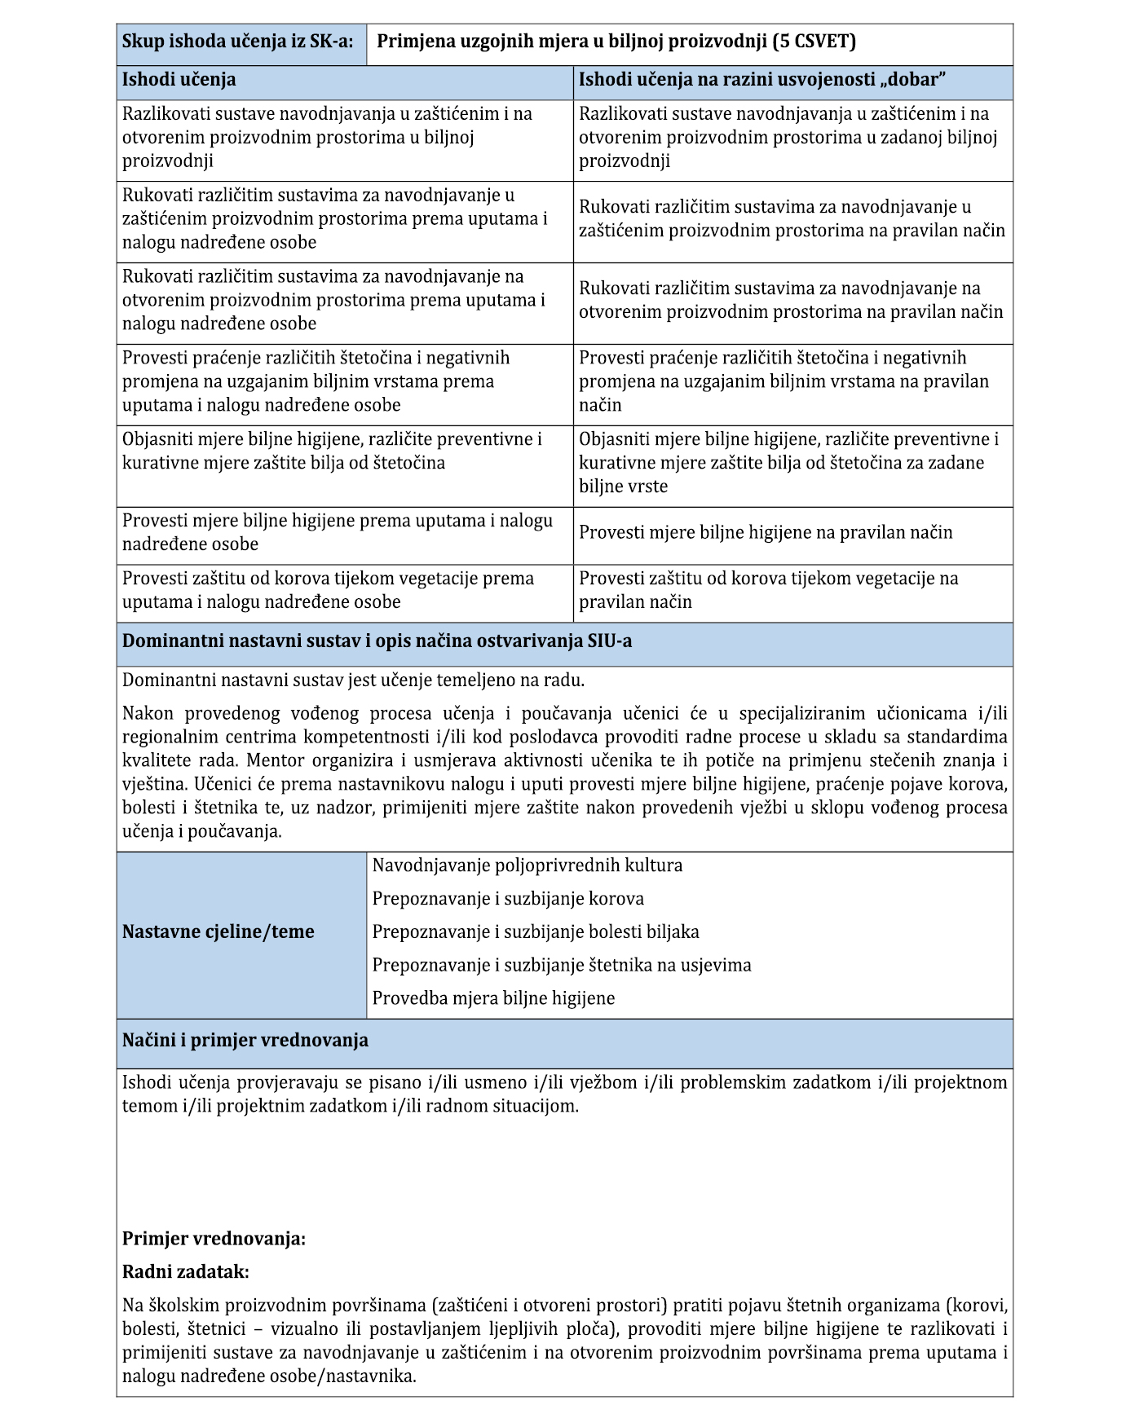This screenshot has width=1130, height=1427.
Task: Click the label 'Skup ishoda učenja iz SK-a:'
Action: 237,42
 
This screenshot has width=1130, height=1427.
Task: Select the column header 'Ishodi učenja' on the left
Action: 179,80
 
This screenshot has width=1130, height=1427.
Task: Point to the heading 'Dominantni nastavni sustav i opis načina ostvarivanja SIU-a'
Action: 377,641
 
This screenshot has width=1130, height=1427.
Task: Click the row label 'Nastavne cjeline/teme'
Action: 218,932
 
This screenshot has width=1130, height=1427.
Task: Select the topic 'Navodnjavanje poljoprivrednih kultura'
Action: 527,865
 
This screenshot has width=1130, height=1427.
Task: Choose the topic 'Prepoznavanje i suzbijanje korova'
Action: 508,899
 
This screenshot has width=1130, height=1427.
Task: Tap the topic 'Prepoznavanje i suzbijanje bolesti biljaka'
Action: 536,932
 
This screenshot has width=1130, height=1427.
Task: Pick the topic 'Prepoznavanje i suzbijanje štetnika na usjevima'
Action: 562,966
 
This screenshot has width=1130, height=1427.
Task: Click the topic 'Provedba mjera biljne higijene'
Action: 493,999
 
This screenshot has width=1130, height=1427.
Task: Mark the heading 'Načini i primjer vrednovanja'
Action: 245,1041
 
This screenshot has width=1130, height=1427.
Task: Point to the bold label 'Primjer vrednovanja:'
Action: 214,1240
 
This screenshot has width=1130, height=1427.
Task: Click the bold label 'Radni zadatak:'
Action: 185,1272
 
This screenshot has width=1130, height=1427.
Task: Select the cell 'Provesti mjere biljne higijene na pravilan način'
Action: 766,533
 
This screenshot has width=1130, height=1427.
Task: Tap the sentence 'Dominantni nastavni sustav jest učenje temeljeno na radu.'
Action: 353,680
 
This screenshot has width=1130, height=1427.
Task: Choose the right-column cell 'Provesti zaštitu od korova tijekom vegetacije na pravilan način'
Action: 768,590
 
